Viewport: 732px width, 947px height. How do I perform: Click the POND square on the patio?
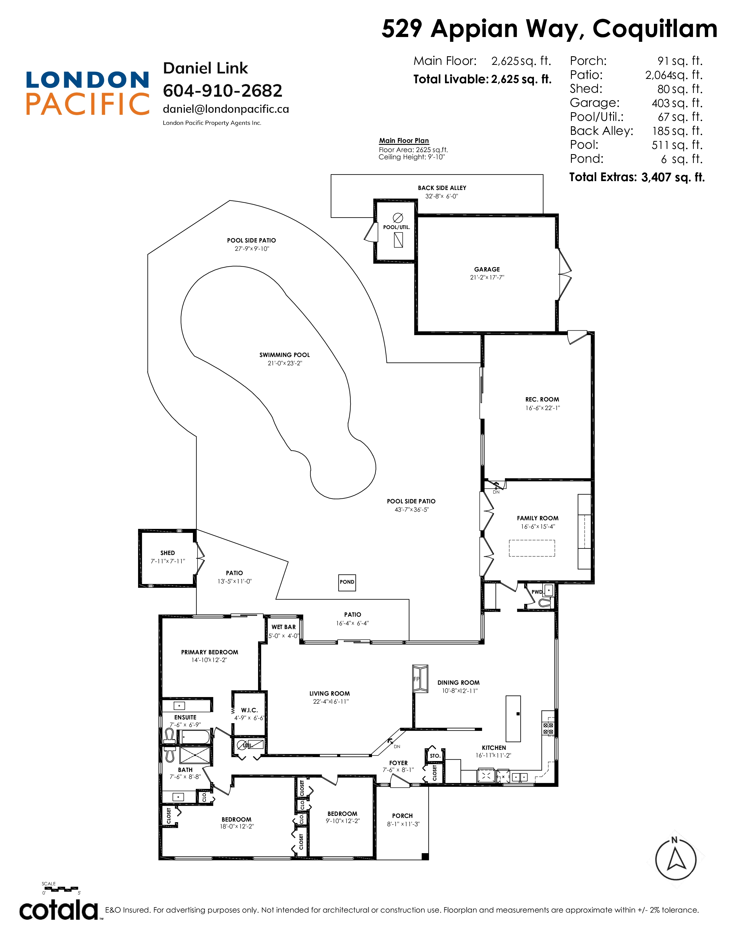[347, 582]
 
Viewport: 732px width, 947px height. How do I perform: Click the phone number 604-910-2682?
[222, 91]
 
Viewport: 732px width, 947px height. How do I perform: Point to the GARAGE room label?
[487, 269]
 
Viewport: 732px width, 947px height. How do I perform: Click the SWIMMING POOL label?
[284, 355]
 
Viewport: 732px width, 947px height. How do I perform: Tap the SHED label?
[167, 553]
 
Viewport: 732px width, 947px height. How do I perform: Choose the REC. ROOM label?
[542, 399]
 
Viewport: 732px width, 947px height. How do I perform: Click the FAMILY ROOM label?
[538, 518]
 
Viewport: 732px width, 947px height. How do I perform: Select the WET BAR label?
[284, 627]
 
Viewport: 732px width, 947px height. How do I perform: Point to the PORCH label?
[402, 816]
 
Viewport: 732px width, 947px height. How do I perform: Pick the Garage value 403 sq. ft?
[677, 103]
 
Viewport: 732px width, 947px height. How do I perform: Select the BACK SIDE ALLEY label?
[442, 188]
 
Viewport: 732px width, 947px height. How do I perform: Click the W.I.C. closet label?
[249, 710]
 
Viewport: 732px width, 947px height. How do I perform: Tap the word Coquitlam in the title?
[655, 29]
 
